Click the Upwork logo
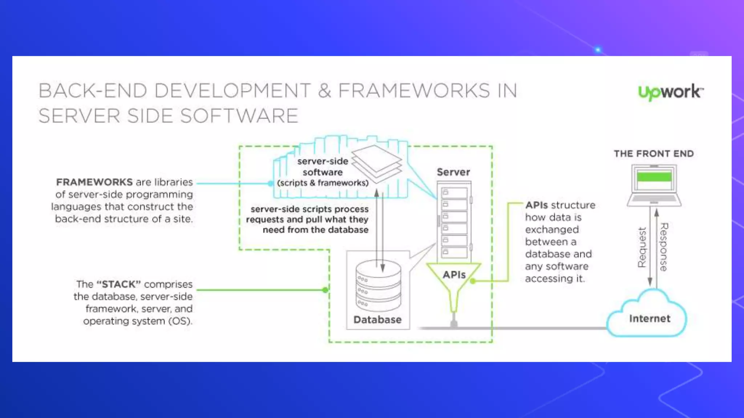(670, 92)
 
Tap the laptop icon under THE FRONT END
(654, 185)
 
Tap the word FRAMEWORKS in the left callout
(94, 182)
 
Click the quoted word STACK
(118, 284)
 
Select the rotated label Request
(642, 247)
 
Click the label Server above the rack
(453, 172)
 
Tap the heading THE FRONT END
(654, 153)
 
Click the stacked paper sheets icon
(376, 163)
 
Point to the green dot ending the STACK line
(325, 290)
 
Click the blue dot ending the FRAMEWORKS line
(271, 184)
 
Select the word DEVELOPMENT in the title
(232, 91)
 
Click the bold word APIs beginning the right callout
(536, 205)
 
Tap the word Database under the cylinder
(377, 320)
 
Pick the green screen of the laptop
(654, 177)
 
